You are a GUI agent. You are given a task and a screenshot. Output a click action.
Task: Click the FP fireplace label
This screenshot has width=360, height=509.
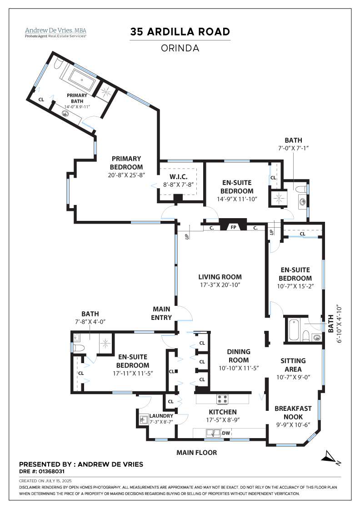pos(232,227)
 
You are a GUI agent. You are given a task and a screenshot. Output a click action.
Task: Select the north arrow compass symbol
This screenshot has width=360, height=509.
pos(330,456)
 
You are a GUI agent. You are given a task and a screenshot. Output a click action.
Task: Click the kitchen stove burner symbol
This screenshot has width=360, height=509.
pos(223,399)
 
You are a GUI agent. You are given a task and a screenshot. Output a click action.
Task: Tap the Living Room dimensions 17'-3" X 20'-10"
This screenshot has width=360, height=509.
pos(220,285)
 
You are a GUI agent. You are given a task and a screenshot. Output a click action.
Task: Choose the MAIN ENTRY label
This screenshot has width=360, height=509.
pos(162,314)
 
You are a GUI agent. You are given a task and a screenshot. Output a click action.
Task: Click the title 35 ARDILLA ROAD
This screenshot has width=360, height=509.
pos(180,32)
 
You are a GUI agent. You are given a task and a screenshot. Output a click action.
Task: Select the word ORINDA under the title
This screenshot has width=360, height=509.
pos(180,48)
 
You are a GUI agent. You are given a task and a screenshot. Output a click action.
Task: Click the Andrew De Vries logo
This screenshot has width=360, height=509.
pos(55,32)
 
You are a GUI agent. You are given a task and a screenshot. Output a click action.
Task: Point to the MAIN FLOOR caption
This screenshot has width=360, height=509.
pos(196,453)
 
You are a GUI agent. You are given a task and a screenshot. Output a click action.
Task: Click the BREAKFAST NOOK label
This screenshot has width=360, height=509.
pos(293,413)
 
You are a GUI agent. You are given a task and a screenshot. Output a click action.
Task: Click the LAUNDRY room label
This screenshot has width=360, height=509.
pos(161,416)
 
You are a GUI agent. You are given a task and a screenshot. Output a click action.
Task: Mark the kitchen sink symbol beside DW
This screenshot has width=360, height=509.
pos(211,433)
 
